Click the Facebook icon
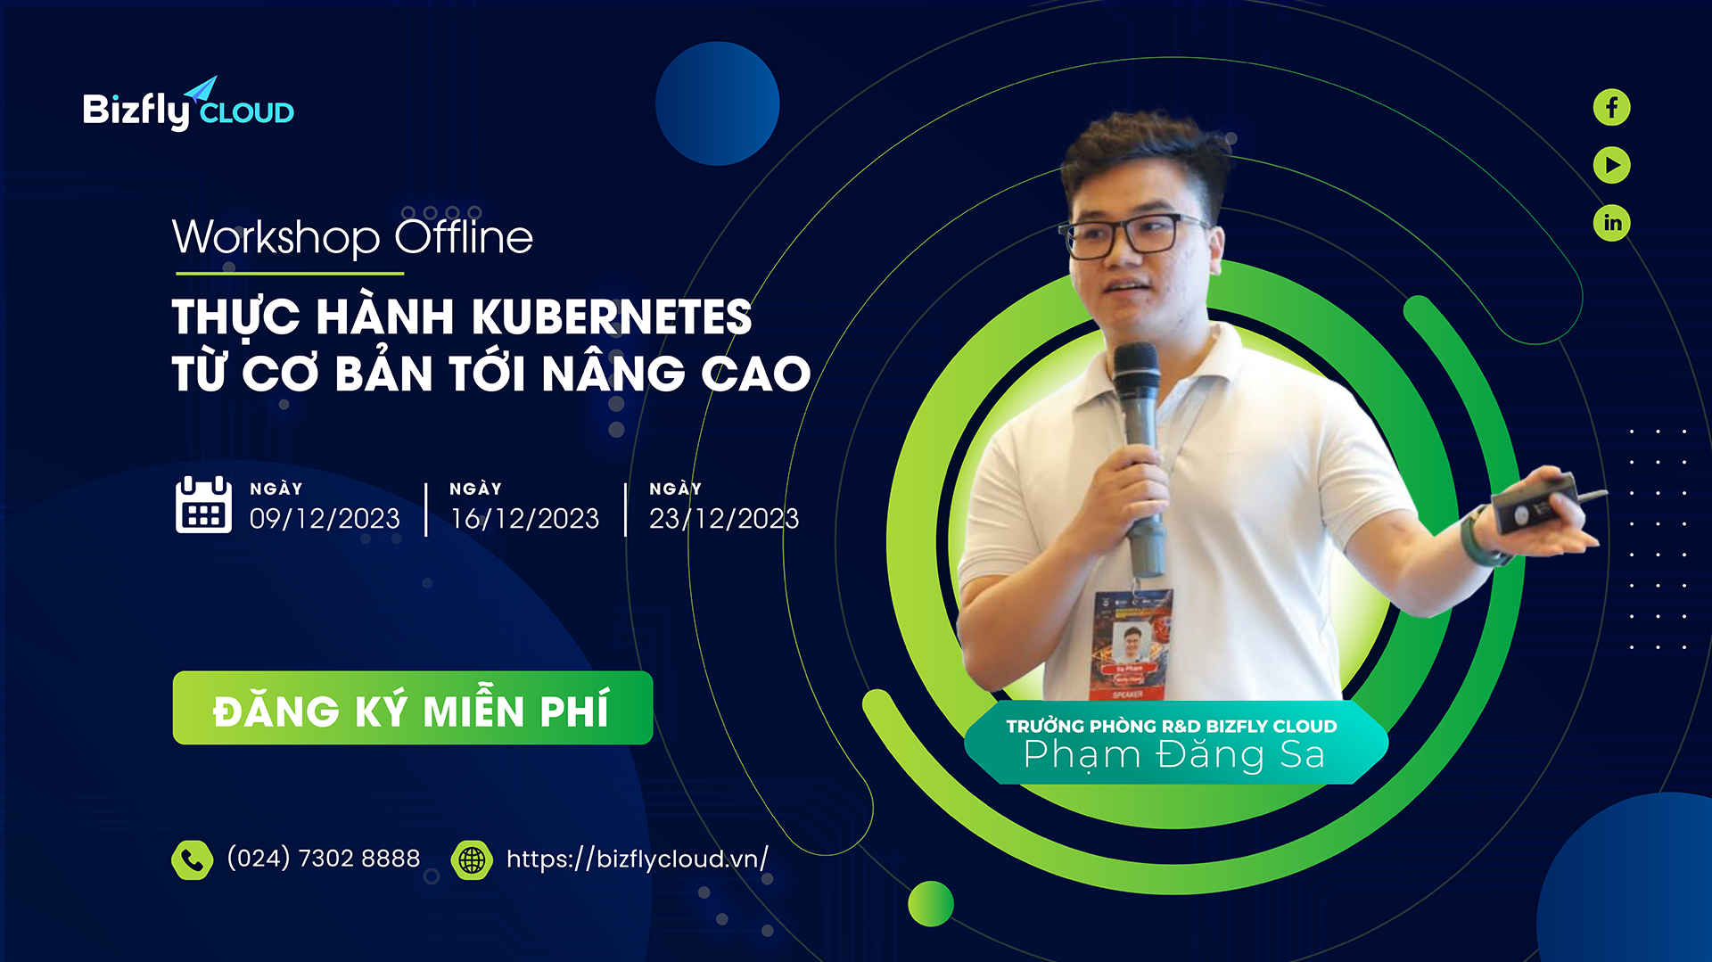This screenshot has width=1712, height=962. point(1611,108)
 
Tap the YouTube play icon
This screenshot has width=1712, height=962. point(1611,165)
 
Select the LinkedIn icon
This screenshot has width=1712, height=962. point(1611,222)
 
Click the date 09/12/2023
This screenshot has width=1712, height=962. point(325,518)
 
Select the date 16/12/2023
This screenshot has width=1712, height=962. point(524,518)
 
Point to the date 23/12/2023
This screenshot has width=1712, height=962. point(724,518)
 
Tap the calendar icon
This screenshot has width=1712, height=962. point(203,505)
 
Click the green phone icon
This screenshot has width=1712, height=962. point(192,859)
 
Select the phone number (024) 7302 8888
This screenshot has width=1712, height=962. point(324,858)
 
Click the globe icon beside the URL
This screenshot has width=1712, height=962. point(472,859)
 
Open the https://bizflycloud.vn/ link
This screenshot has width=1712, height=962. point(637,859)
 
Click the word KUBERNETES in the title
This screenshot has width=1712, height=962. point(612,317)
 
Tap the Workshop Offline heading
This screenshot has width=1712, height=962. point(352,237)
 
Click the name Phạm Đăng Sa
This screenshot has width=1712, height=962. point(1173,755)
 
